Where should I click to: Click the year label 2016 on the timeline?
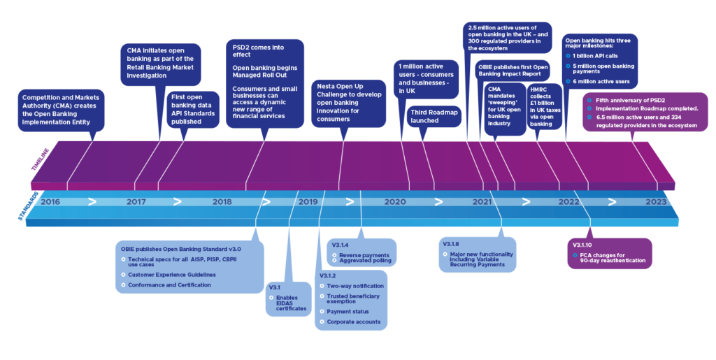pos(51,202)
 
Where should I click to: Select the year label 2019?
pos(308,202)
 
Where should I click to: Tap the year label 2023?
pos(655,202)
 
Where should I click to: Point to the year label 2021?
pos(482,202)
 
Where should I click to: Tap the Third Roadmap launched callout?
pos(434,116)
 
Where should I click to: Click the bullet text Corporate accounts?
pos(353,322)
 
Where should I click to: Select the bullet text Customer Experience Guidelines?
pos(171,275)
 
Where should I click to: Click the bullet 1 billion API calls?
pos(596,55)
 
